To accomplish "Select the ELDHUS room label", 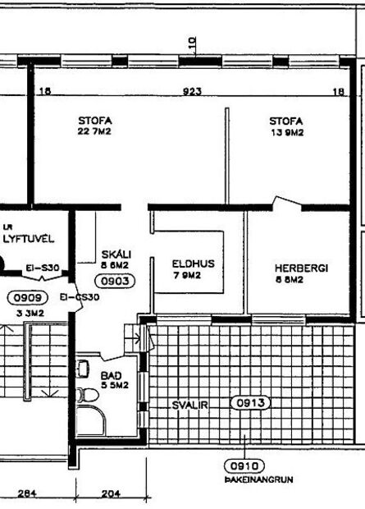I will tap(193, 264).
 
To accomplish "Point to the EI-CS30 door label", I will tap(81, 297).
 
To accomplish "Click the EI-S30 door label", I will tap(42, 268).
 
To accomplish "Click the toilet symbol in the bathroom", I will tap(84, 393).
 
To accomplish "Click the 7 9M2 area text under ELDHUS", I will tap(187, 275).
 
